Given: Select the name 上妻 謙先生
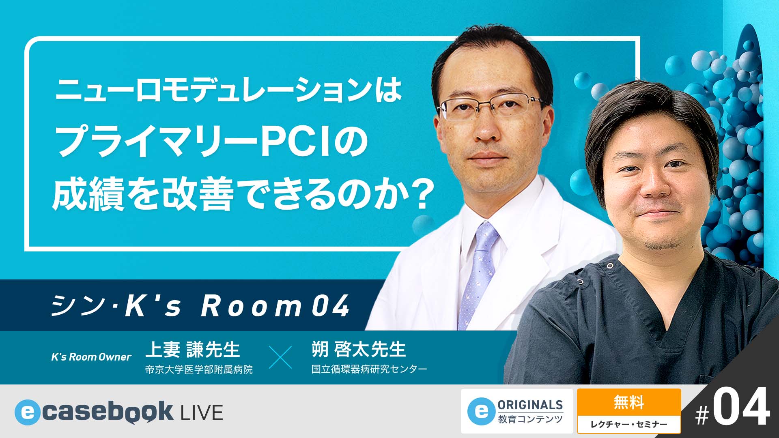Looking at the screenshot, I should [193, 350].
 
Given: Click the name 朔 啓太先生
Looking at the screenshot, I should [359, 350].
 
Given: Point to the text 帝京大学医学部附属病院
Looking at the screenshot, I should [199, 369].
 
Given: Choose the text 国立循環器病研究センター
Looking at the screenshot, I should [369, 369].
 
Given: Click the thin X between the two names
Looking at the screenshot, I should [280, 357].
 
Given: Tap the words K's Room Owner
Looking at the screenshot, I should [91, 357].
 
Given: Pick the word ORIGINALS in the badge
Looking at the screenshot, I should [530, 405].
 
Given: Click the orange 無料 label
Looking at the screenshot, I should [628, 403].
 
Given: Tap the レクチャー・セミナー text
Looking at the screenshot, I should [628, 424].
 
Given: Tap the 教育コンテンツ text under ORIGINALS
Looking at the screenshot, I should [530, 419].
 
